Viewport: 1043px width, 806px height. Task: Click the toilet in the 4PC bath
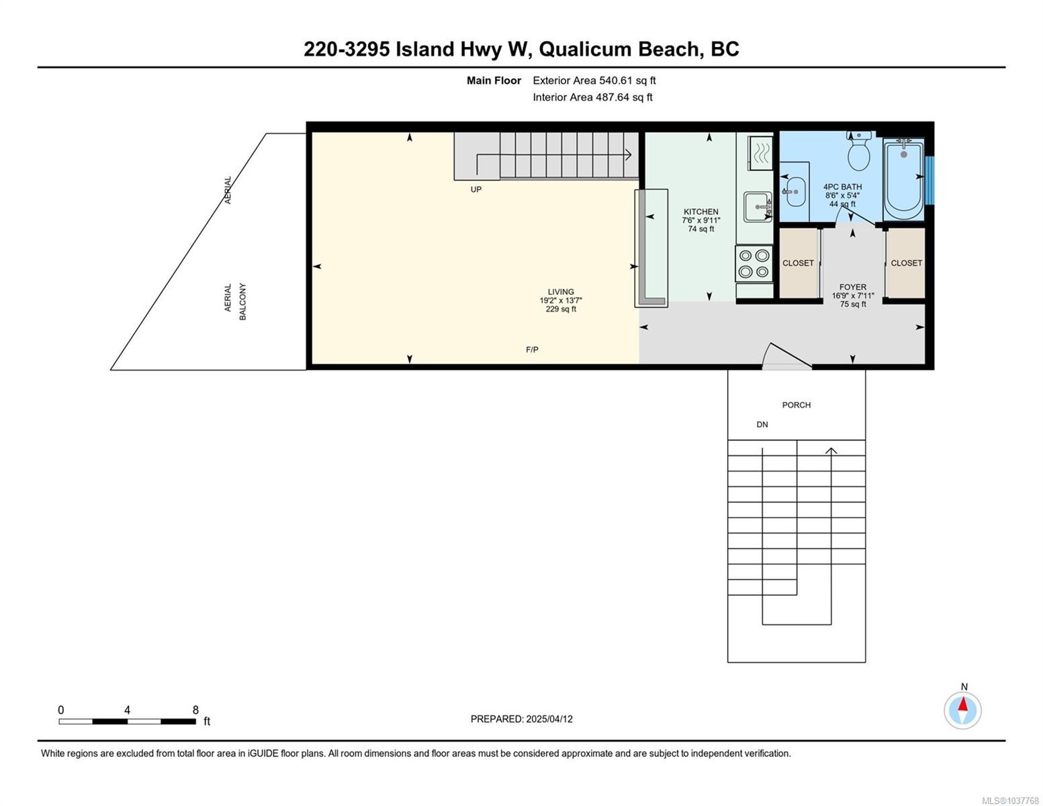(859, 150)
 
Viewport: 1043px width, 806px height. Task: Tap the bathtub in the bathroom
(903, 179)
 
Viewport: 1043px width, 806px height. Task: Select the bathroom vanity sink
(795, 191)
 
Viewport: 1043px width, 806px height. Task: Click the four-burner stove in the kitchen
(754, 263)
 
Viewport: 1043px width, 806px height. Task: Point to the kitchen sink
(758, 207)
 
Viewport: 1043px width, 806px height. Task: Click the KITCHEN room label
(700, 212)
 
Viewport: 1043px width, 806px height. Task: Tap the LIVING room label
(561, 292)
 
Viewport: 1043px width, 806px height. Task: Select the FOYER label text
(852, 287)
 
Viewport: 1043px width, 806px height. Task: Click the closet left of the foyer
(799, 263)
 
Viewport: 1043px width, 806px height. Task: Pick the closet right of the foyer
(906, 263)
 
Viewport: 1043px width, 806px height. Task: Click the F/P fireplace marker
(532, 350)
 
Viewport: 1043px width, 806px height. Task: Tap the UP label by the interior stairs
(475, 189)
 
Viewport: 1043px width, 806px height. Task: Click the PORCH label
(797, 405)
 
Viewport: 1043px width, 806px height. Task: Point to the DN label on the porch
(762, 425)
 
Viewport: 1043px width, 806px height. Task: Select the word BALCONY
(242, 302)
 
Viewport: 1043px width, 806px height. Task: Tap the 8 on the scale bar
(195, 710)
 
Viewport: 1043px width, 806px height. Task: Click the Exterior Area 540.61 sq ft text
(594, 81)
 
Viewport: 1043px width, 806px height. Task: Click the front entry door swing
(786, 356)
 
